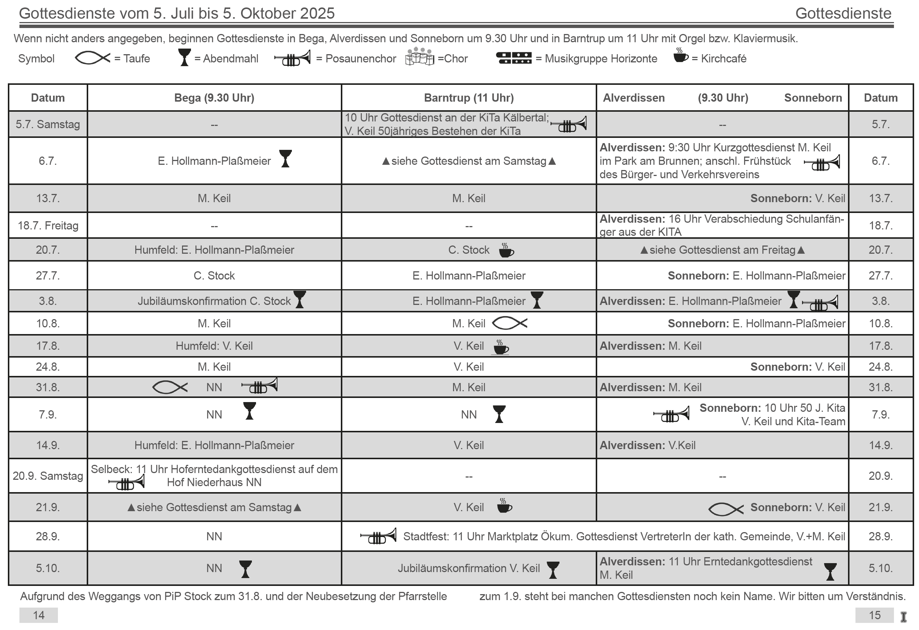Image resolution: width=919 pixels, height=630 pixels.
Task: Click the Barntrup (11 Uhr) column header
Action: (469, 98)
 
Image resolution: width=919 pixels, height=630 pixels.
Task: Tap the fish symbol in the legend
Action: (93, 58)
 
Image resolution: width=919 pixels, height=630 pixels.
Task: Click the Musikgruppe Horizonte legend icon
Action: (514, 58)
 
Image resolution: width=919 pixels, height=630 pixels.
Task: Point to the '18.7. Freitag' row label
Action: (48, 225)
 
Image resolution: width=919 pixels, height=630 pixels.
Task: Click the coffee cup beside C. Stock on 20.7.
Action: (506, 250)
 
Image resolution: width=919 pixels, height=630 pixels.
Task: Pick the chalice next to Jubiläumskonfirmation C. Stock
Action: (300, 299)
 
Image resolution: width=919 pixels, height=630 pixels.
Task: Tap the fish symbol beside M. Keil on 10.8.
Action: (509, 323)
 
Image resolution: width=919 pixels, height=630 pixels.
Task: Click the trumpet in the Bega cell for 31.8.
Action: (259, 386)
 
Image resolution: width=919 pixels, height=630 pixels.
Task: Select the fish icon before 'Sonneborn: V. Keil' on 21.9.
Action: (725, 509)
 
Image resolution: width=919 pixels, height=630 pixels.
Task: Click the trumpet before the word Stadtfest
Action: (378, 536)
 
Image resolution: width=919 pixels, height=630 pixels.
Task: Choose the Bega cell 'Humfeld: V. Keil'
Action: (214, 346)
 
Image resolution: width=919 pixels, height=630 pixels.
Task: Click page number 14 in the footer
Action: (38, 615)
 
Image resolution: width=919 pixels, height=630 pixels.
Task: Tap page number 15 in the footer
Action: (874, 615)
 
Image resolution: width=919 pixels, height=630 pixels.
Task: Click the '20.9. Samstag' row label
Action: (48, 475)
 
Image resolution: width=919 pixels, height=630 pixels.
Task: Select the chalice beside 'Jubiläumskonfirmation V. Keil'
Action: (553, 570)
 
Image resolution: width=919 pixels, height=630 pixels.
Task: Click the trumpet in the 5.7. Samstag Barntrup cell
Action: (569, 124)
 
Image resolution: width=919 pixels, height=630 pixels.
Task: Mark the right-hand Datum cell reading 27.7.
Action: (880, 275)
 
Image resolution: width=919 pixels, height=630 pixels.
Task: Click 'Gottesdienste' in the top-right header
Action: (843, 13)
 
